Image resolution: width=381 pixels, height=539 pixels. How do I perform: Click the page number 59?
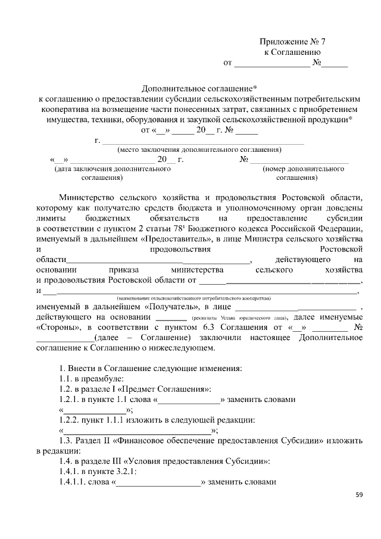point(358,494)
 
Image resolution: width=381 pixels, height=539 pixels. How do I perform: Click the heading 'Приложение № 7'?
point(293,42)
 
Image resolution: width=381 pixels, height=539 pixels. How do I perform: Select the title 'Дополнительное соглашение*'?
point(190,88)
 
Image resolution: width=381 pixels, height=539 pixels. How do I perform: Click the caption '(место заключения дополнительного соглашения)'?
point(199,149)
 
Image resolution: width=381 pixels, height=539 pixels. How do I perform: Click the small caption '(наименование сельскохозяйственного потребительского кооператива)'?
point(193,297)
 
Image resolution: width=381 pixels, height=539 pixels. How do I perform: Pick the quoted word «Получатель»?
point(171,306)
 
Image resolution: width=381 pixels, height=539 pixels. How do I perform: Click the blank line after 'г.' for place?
point(203,141)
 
